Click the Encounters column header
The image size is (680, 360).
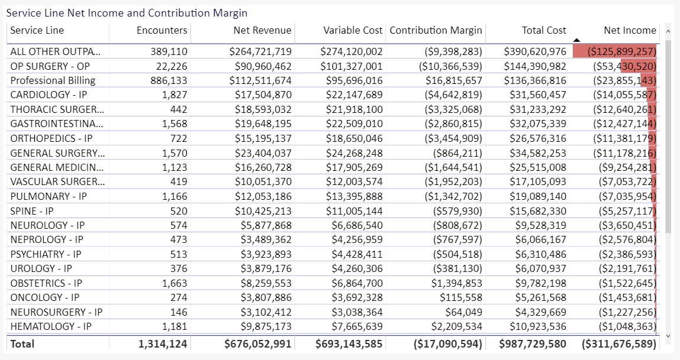pos(162,30)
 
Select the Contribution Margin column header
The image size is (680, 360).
pos(436,30)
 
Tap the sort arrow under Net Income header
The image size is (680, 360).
pos(577,40)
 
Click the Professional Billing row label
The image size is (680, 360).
pos(53,80)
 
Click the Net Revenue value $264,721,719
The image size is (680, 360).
pos(261,51)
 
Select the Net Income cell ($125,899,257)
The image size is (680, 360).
pos(621,51)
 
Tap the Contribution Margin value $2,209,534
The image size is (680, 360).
pos(456,327)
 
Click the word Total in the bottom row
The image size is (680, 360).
pos(22,344)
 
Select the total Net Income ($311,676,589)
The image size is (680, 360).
pos(619,344)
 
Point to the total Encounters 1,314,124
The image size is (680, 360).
pos(163,344)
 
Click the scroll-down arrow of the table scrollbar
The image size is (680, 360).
pos(668,336)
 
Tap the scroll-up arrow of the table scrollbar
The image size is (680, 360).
pos(668,31)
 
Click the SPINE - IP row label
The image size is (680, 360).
pos(32,211)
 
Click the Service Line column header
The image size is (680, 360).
pos(37,30)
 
